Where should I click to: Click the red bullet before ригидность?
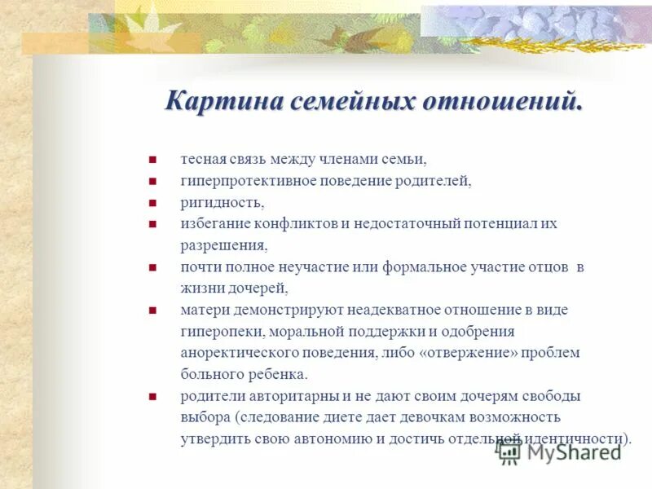(x=152, y=203)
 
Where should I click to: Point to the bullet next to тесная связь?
(x=152, y=160)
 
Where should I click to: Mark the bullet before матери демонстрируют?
(x=152, y=311)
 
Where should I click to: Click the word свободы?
(x=553, y=396)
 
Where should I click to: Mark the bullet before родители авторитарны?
(x=152, y=397)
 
